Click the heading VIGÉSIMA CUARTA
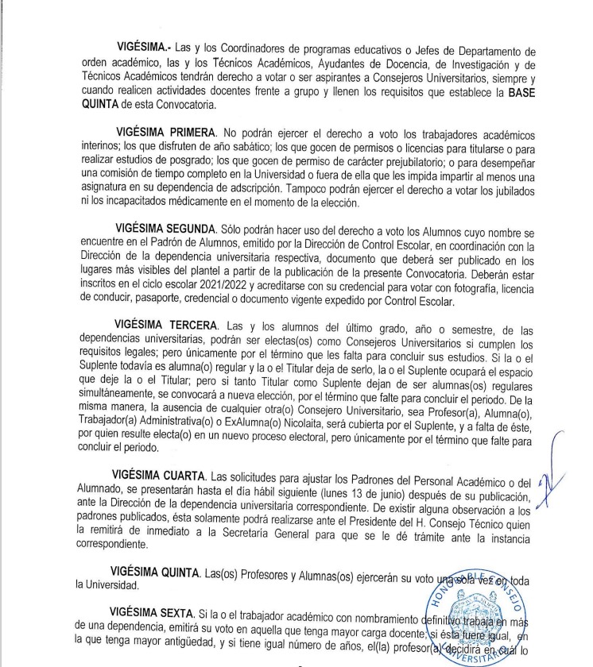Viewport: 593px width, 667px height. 161,476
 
